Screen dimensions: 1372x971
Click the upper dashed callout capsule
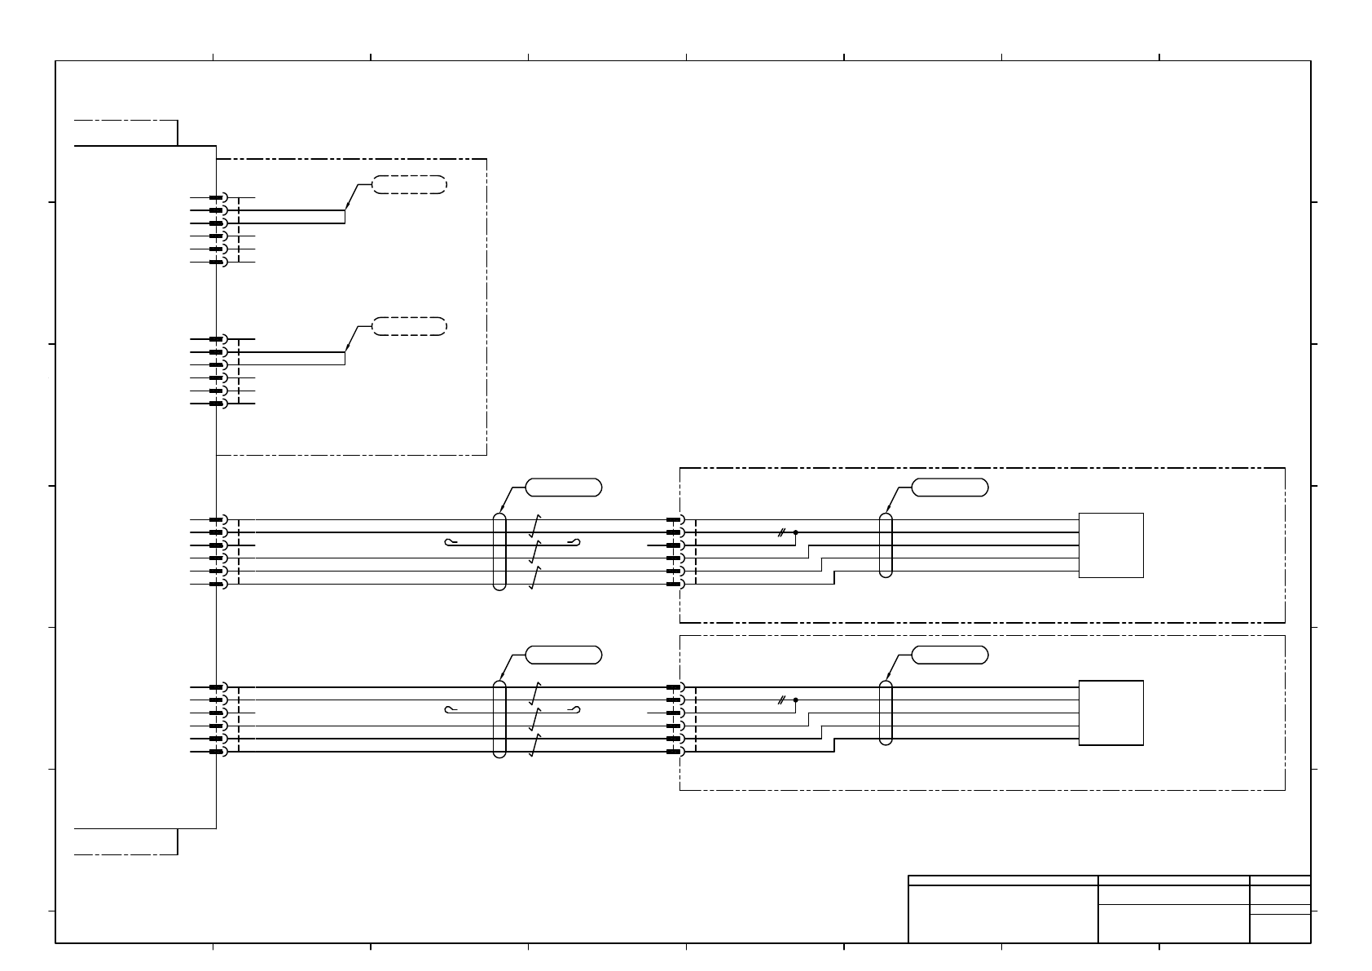point(409,184)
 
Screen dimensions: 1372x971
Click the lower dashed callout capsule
point(409,327)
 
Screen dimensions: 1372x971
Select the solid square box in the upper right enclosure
point(1110,545)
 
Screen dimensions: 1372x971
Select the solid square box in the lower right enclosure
point(1110,713)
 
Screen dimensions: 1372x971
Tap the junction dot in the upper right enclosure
point(795,532)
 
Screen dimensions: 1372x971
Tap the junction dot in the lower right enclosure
point(795,700)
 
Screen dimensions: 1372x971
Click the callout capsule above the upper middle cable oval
point(564,488)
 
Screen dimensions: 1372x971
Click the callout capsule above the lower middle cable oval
point(564,655)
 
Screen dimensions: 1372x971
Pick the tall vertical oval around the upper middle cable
point(499,551)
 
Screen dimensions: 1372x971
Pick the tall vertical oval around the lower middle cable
point(499,719)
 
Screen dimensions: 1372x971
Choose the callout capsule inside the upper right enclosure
point(950,488)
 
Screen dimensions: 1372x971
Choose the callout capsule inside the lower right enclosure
point(950,655)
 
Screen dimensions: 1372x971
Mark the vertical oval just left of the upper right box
point(886,545)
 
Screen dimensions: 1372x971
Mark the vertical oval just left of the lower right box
point(886,713)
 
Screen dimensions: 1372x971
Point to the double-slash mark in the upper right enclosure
point(781,532)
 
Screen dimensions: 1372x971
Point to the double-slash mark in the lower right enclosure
point(781,700)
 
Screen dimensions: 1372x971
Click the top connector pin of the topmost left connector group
point(217,197)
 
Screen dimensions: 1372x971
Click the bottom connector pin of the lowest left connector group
point(217,752)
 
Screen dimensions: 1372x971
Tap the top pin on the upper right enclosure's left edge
point(674,519)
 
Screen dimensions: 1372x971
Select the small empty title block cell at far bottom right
point(1280,929)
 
